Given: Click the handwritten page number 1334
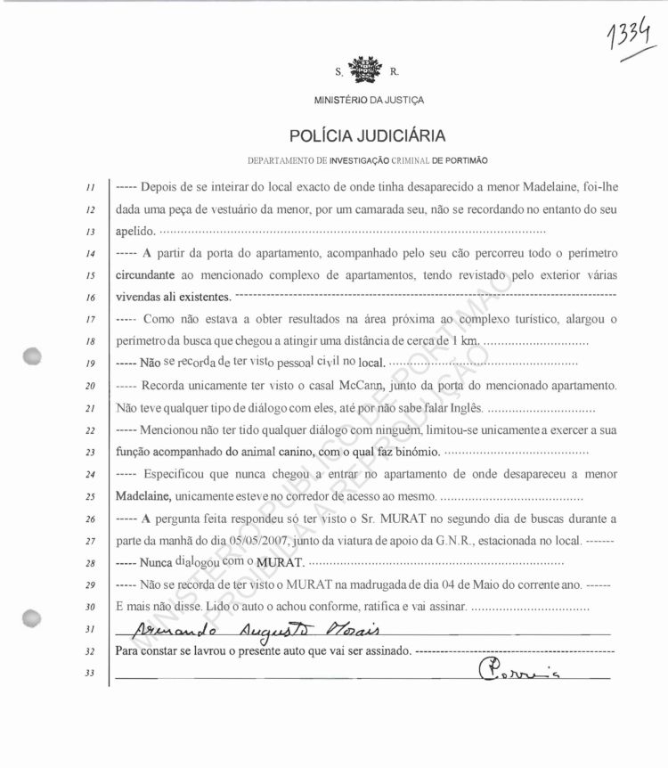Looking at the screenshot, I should coord(634,38).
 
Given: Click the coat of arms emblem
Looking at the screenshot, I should coord(363,69).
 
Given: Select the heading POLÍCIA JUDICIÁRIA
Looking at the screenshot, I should coord(368,137).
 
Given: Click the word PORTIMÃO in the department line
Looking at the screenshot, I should coord(461,160).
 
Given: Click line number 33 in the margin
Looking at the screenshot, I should coord(91,673).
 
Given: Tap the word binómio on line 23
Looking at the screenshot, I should coord(413,453).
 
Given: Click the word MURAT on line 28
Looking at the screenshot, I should coord(281,563).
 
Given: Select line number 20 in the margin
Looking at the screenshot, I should coord(91,387).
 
